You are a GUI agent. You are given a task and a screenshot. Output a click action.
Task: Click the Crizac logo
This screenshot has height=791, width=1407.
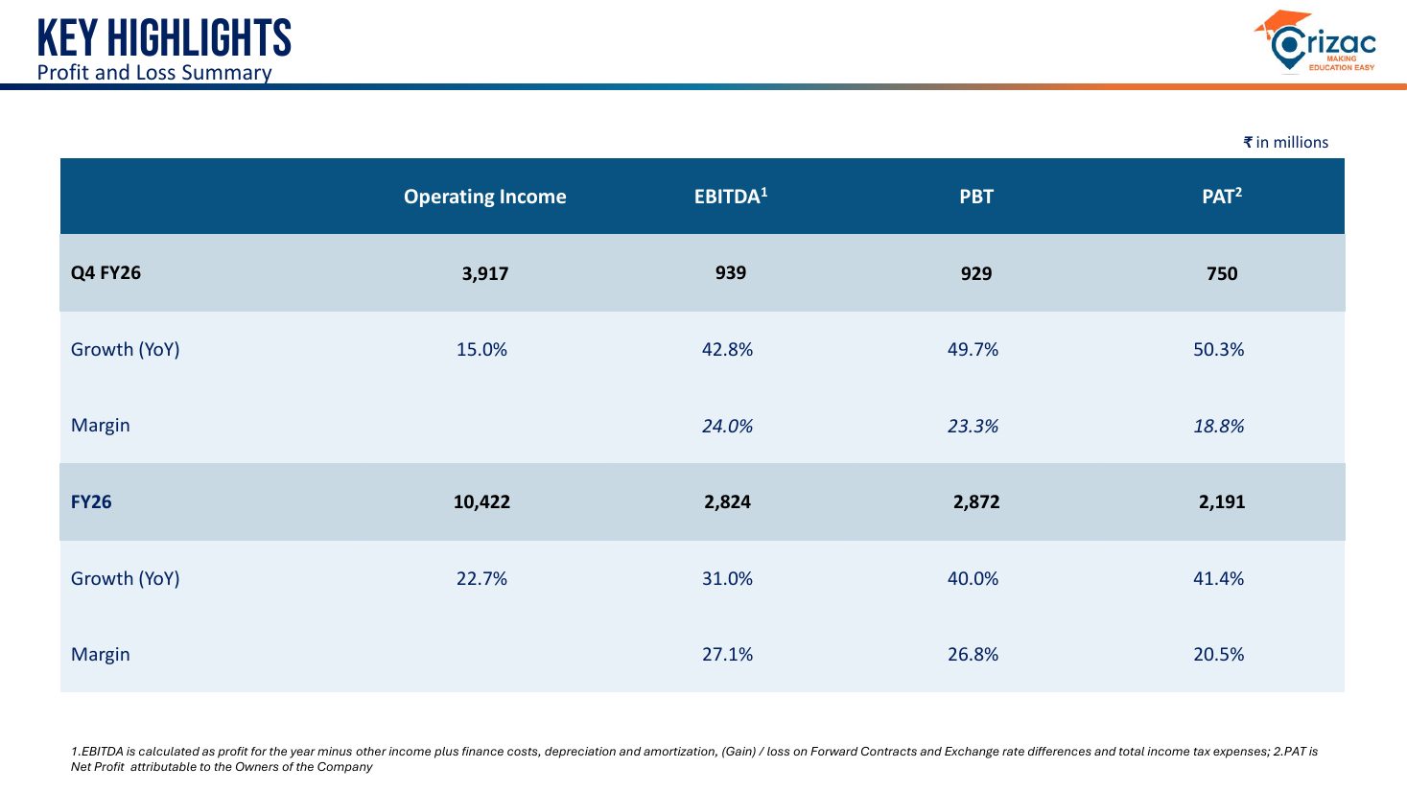1315,42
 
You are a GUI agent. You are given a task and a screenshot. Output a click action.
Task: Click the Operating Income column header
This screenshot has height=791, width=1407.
485,197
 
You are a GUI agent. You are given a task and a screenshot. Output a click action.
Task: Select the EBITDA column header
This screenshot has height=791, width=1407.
731,196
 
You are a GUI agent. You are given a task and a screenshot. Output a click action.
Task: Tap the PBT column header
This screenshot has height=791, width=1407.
976,197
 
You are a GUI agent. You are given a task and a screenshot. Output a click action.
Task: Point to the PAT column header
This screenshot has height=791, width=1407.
1222,196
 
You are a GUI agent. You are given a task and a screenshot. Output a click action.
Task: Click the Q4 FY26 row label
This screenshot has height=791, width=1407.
106,272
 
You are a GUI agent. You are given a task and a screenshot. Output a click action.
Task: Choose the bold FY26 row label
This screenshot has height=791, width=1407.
91,501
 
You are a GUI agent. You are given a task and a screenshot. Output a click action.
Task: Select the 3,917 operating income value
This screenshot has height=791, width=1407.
485,273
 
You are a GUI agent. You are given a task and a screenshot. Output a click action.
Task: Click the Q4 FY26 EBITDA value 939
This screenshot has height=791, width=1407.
731,272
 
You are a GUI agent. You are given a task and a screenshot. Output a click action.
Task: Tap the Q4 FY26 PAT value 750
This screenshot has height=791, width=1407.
1222,273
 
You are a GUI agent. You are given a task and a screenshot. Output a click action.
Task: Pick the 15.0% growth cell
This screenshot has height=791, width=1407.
481,349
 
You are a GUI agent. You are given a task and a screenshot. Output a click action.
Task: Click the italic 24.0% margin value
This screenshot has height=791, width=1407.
727,426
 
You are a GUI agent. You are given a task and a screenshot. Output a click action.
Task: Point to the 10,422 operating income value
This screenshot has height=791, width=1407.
481,501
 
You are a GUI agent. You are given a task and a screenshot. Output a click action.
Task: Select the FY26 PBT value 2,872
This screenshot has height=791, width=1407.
976,501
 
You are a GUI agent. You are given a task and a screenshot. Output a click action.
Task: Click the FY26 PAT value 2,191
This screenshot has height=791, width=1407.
1222,501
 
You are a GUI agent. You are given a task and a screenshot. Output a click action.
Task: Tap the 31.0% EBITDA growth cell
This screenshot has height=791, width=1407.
727,578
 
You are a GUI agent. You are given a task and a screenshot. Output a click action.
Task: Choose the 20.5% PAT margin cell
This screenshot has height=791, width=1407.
1219,654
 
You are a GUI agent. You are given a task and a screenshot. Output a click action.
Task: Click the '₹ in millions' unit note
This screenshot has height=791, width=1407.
1286,143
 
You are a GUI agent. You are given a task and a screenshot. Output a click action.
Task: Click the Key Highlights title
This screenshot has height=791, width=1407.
164,37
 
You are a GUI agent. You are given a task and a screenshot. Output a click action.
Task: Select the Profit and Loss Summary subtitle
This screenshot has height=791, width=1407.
154,72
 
